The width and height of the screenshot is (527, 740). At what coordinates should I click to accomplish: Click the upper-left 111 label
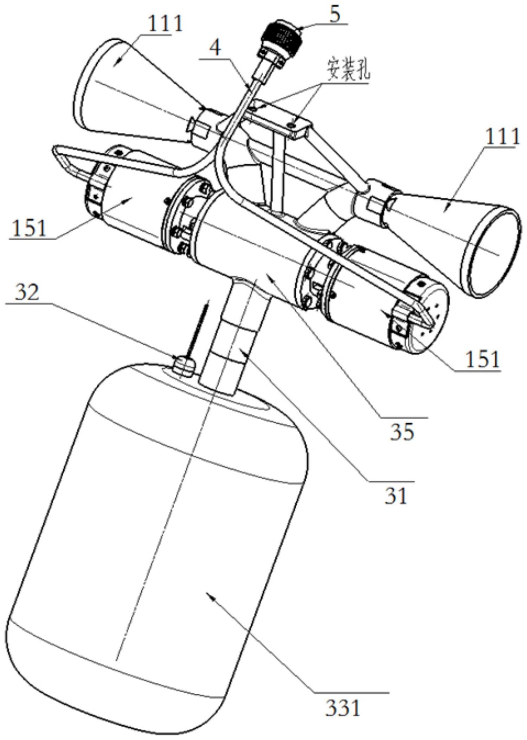click(165, 24)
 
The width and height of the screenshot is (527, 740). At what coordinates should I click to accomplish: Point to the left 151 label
click(29, 228)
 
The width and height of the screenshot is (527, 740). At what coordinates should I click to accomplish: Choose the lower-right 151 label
click(482, 359)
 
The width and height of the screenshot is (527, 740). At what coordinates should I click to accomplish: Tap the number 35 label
click(402, 432)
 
